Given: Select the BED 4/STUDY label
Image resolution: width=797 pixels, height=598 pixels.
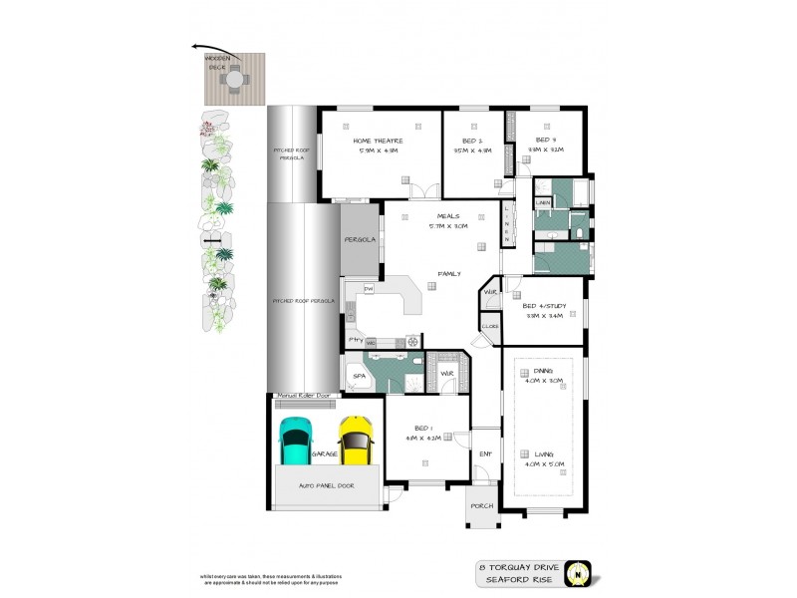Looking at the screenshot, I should pyautogui.click(x=545, y=306).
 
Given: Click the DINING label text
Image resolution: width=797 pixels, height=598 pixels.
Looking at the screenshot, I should pyautogui.click(x=542, y=371).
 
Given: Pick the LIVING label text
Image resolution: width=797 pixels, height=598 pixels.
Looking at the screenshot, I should pyautogui.click(x=542, y=454).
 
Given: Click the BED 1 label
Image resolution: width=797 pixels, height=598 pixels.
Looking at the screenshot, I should pyautogui.click(x=420, y=428).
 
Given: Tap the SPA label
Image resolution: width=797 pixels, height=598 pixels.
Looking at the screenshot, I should pyautogui.click(x=358, y=377).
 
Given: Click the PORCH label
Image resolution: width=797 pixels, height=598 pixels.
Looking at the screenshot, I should pyautogui.click(x=483, y=506).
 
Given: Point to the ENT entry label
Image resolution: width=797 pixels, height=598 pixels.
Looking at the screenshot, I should pyautogui.click(x=485, y=454).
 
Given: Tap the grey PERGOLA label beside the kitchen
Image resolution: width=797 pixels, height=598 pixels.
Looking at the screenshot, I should pyautogui.click(x=359, y=240).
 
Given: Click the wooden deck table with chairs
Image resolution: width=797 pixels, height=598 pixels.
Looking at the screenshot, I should pyautogui.click(x=232, y=85).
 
